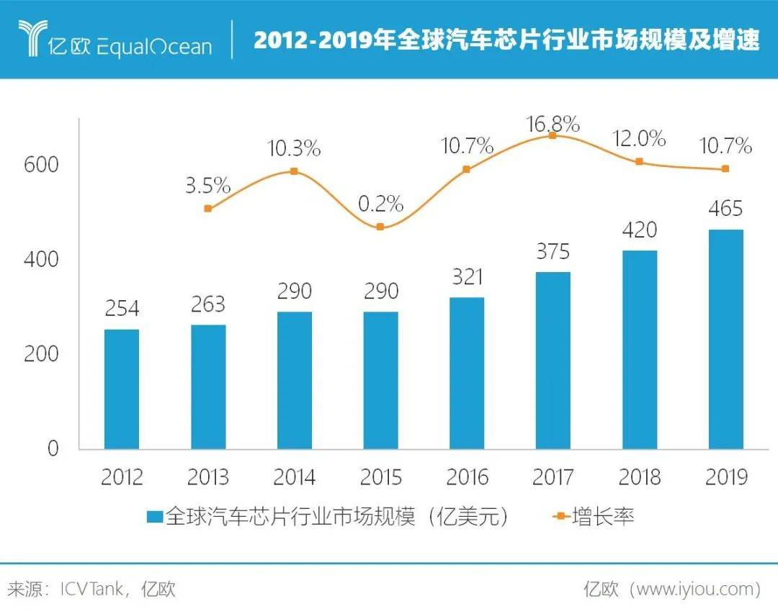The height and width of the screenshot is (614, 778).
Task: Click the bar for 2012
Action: pyautogui.click(x=122, y=389)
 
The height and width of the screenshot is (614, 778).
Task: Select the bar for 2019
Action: pyautogui.click(x=725, y=339)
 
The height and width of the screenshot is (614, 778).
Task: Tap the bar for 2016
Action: pyautogui.click(x=467, y=373)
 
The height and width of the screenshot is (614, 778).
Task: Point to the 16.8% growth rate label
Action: pyautogui.click(x=553, y=124)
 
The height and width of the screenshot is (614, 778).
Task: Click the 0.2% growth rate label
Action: pyautogui.click(x=380, y=204)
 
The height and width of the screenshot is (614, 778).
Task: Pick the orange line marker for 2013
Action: pyautogui.click(x=208, y=209)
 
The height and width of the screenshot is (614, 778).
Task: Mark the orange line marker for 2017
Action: pyautogui.click(x=553, y=135)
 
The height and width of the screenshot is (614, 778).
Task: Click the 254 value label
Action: pyautogui.click(x=122, y=309)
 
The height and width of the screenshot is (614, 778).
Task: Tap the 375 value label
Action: pyautogui.click(x=553, y=251)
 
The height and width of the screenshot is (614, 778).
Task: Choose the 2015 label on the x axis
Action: pyautogui.click(x=380, y=477)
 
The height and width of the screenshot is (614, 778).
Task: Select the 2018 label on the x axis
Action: pyautogui.click(x=639, y=477)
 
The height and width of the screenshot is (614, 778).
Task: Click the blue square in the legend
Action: pyautogui.click(x=155, y=517)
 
